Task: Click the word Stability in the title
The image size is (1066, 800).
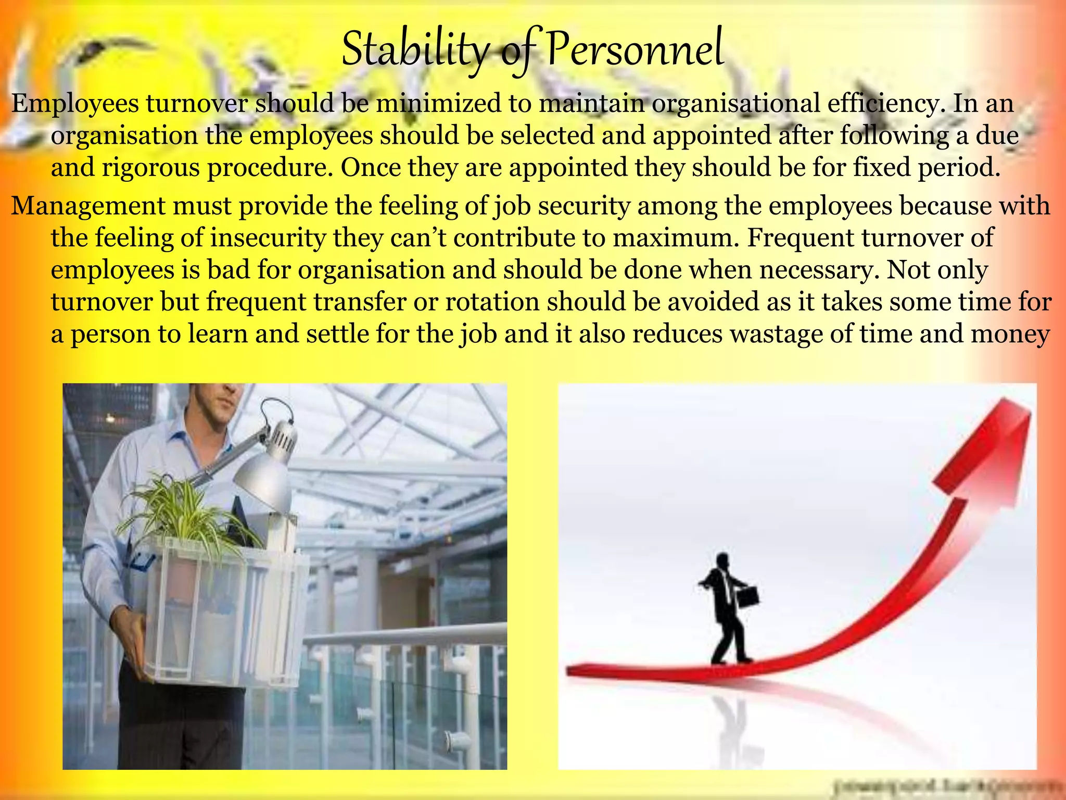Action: point(415,51)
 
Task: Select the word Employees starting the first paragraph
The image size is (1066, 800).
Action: point(75,104)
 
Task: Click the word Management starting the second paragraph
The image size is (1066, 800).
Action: point(88,206)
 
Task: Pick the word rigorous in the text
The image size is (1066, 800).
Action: point(151,168)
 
